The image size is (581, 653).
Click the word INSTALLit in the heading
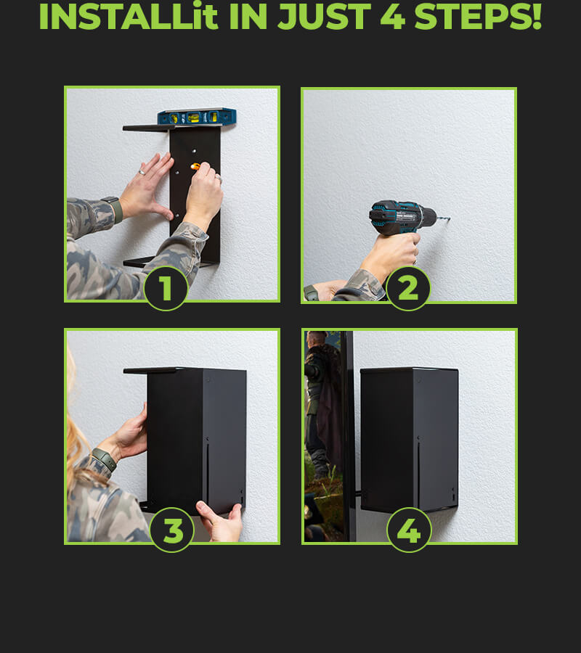click(x=129, y=17)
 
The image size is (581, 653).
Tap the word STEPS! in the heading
click(x=478, y=17)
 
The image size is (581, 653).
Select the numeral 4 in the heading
click(x=393, y=17)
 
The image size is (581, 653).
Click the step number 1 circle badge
click(x=166, y=288)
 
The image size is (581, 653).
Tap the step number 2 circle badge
click(x=408, y=288)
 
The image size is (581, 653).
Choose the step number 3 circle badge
click(x=171, y=530)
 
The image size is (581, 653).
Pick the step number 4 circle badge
click(x=410, y=530)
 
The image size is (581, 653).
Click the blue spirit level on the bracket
click(x=197, y=117)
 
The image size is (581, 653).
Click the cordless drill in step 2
click(x=403, y=218)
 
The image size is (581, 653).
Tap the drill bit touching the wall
click(x=443, y=218)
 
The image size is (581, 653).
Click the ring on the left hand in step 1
click(x=142, y=172)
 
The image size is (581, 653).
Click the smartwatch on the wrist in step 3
click(x=104, y=459)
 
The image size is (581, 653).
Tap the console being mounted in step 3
click(x=196, y=440)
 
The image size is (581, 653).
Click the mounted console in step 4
click(x=410, y=440)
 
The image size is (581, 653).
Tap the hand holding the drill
click(x=391, y=255)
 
